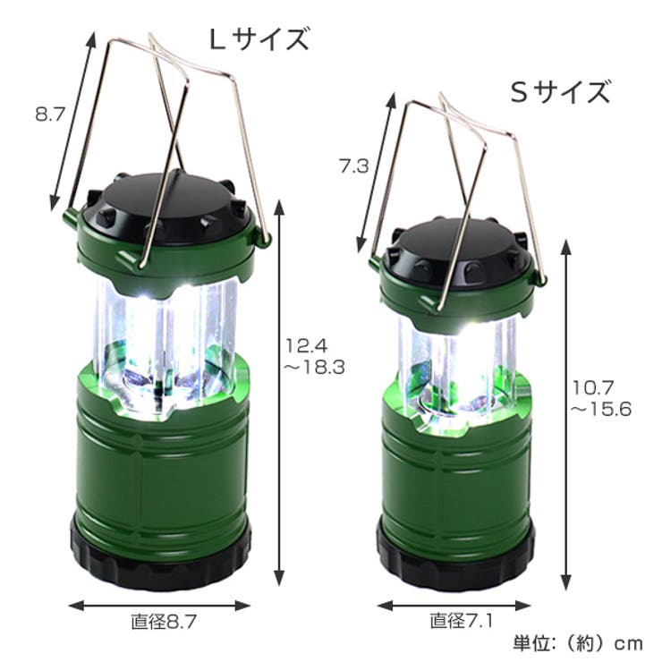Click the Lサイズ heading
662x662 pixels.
coord(259,39)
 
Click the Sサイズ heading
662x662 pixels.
coord(560,91)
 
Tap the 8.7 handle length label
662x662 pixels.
coord(49,115)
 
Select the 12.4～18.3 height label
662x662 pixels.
coord(315,355)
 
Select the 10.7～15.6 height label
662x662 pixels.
coord(601,396)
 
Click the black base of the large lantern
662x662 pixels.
coord(160,559)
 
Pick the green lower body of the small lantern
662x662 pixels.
coord(456,465)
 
